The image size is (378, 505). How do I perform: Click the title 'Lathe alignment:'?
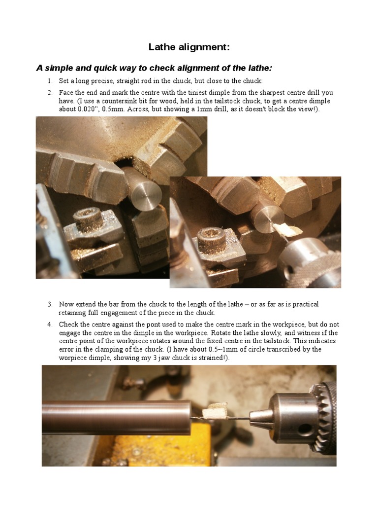(x=189, y=47)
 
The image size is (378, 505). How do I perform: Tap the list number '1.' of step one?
(x=50, y=81)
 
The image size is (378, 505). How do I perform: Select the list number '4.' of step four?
(x=50, y=325)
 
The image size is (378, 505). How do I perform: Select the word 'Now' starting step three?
(x=65, y=304)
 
